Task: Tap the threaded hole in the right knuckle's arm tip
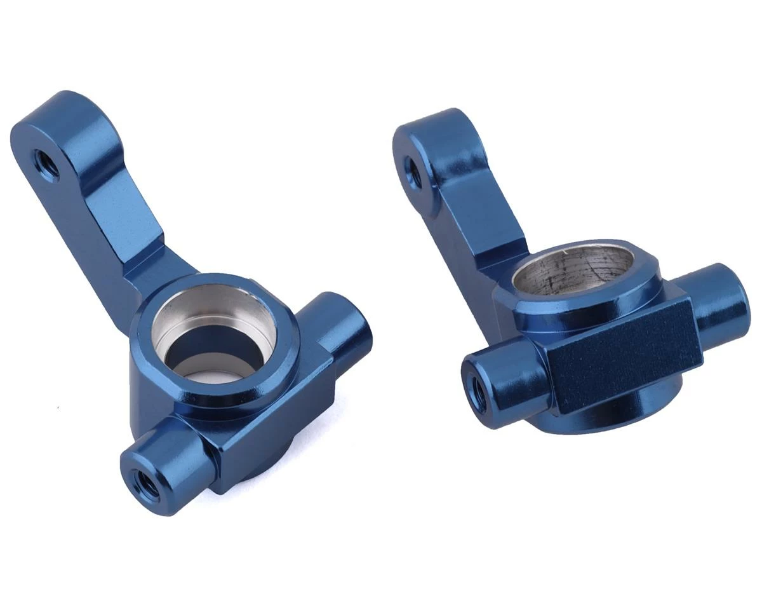pos(413,173)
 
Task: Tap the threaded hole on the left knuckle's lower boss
pos(145,484)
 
